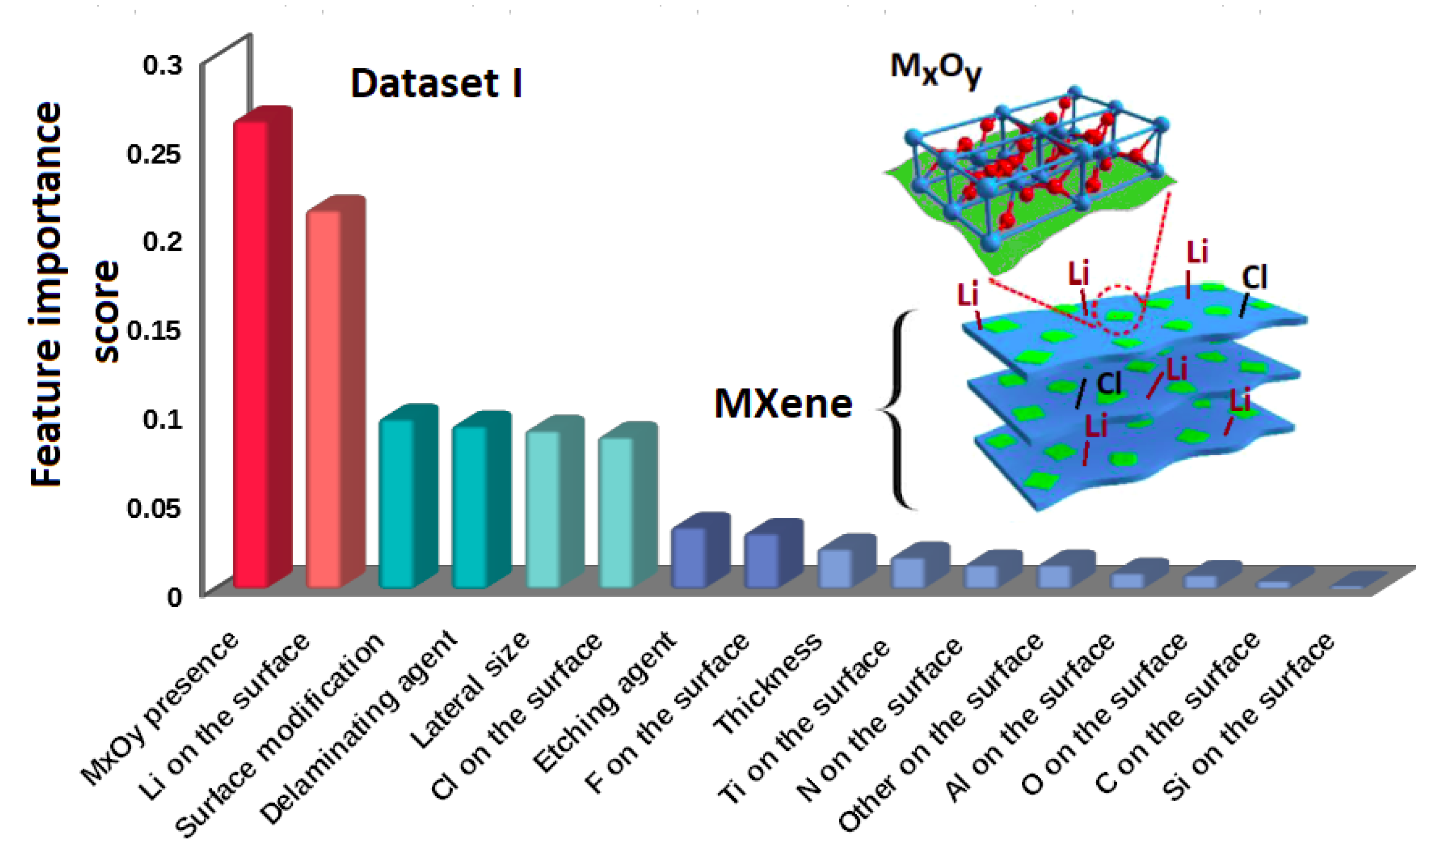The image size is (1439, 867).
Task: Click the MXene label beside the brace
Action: click(783, 403)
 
